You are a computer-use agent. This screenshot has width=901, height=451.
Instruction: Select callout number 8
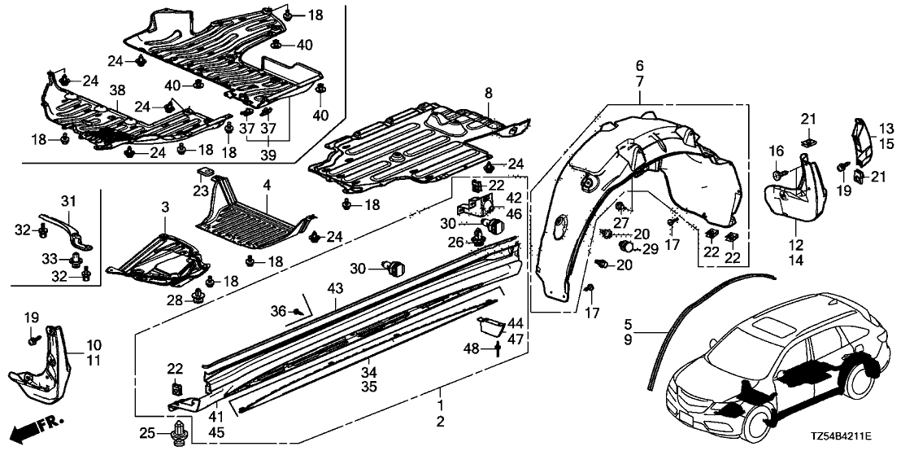coord(489,94)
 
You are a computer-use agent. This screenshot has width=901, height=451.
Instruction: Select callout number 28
coord(175,300)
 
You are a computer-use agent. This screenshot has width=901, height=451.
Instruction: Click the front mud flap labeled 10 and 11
coord(44,362)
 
